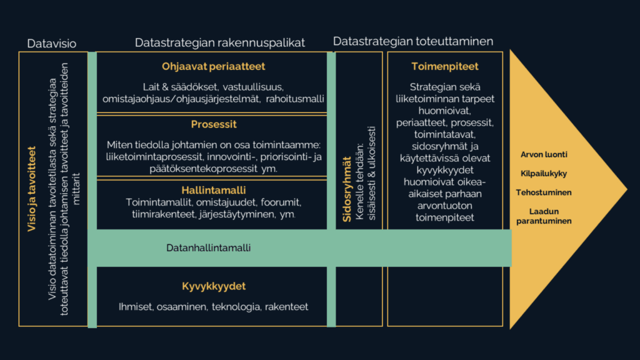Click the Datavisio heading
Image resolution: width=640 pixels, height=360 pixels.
click(52, 43)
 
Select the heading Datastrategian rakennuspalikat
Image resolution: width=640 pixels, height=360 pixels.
click(220, 42)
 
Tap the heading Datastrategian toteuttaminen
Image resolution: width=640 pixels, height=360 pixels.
click(413, 41)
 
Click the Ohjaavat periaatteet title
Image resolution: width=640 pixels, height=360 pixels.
click(212, 66)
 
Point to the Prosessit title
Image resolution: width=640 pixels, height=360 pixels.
click(212, 125)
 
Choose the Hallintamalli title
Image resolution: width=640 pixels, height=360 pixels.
click(212, 189)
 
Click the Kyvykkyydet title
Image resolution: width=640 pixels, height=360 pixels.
click(212, 286)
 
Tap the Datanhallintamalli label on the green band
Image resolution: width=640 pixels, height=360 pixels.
click(208, 248)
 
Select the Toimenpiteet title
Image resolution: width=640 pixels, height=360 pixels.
click(445, 66)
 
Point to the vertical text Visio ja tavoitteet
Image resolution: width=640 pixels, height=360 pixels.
click(32, 188)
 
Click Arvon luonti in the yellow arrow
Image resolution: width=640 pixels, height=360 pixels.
click(544, 155)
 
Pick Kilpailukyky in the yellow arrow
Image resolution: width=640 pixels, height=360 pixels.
click(544, 174)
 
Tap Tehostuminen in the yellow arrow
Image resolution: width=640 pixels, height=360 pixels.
click(544, 192)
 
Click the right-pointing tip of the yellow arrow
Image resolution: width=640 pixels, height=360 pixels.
click(624, 188)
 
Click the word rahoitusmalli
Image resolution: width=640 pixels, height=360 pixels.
click(294, 99)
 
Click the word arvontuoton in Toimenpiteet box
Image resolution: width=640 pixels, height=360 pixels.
click(445, 205)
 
